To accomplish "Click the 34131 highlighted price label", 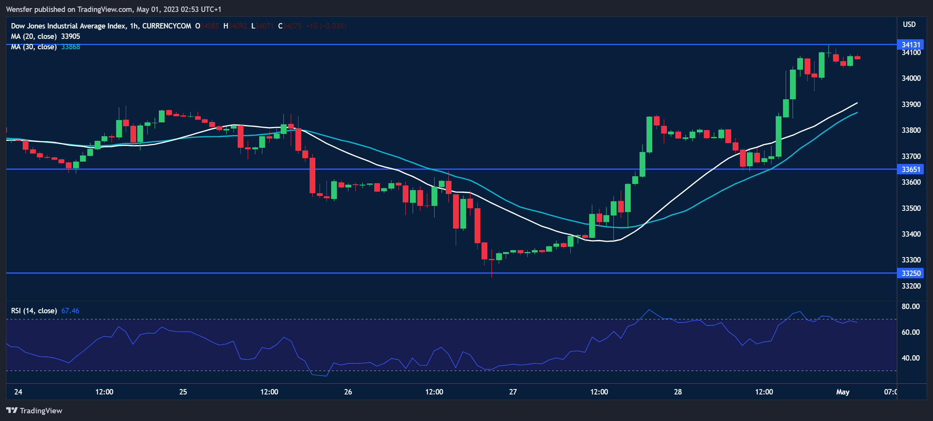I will coord(911,45).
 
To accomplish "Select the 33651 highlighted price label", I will coord(911,169).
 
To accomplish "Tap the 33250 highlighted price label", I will coord(911,273).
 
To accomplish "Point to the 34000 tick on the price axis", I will coord(911,78).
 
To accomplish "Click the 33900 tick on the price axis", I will coord(911,104).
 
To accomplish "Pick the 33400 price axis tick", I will coord(911,234).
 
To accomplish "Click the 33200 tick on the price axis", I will coord(911,286).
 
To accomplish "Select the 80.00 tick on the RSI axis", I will coord(911,306).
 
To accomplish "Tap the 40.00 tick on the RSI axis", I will coord(911,358).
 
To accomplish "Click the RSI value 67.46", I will coord(70,311).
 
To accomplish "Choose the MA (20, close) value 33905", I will coord(70,36).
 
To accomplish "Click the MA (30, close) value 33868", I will coord(70,47).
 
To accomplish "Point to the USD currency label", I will coord(909,24).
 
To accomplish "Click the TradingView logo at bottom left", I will coord(34,411).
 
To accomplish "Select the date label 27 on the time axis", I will coord(513,392).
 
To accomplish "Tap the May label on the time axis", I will coord(843,392).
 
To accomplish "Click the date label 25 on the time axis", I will coord(183,392).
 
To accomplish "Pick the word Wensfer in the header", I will coord(19,9).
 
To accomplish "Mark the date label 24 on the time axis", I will coord(18,392).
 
